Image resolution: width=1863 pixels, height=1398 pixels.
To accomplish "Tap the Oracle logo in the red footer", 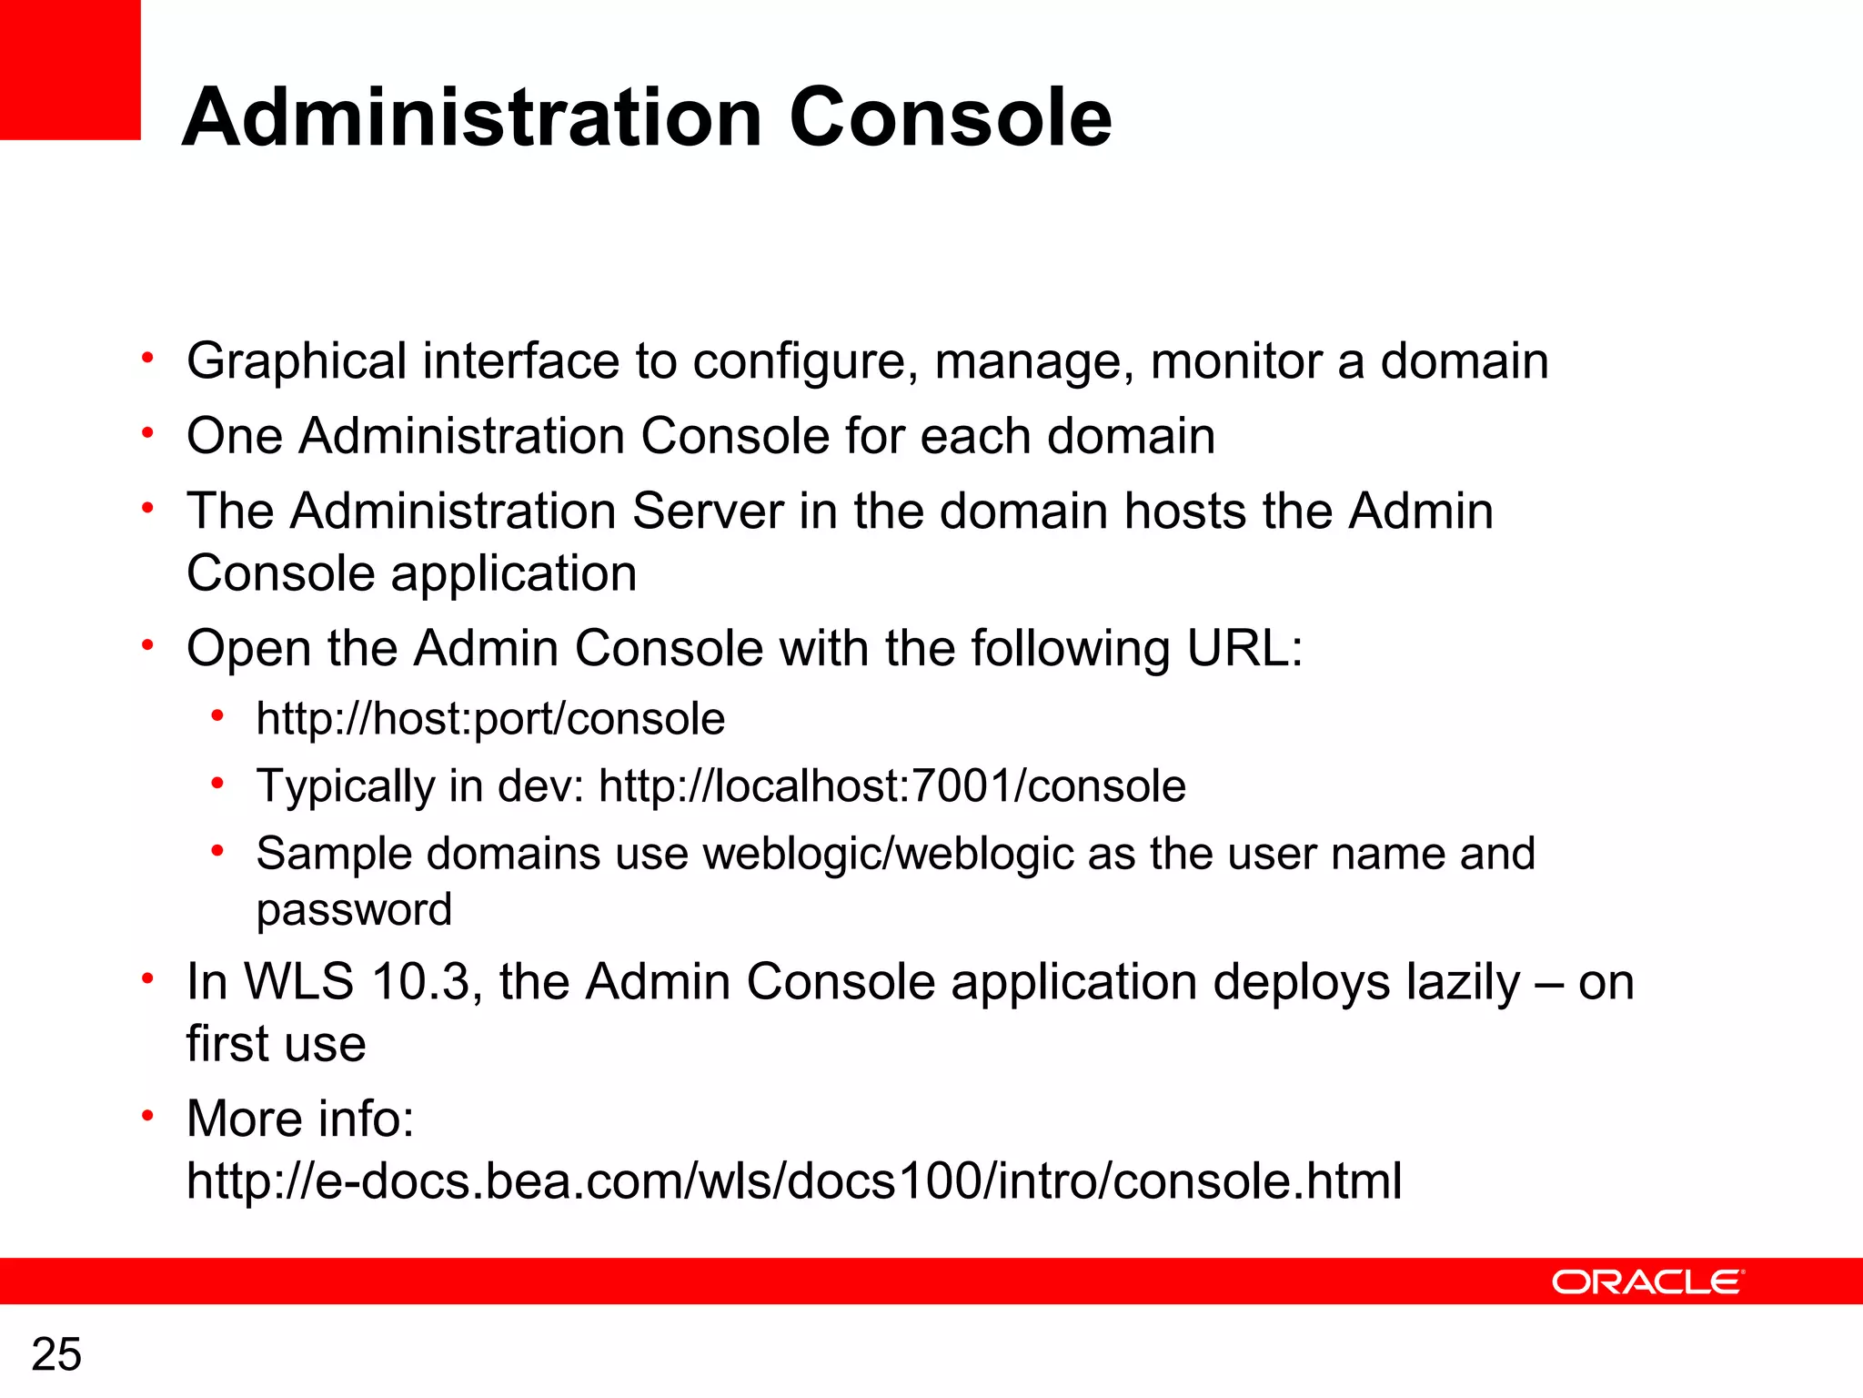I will (1647, 1281).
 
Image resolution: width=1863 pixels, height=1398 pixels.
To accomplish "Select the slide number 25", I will (56, 1354).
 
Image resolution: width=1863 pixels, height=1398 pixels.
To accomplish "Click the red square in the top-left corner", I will (70, 69).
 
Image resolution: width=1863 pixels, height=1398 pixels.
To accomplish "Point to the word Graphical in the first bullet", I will (297, 361).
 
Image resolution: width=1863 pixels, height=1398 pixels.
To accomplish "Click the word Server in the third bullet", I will (708, 511).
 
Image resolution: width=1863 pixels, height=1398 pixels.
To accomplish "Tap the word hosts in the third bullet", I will (1184, 511).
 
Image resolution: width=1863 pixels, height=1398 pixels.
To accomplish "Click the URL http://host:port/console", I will (490, 719).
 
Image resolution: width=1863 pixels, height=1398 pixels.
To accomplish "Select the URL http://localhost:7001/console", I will (892, 785).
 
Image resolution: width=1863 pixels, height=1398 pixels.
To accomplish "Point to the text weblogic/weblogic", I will (889, 855).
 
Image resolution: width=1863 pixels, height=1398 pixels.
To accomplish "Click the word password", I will (354, 910).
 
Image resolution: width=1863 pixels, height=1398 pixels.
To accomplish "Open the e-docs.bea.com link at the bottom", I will (794, 1180).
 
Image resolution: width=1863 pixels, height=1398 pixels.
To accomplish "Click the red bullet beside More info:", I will (147, 1115).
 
